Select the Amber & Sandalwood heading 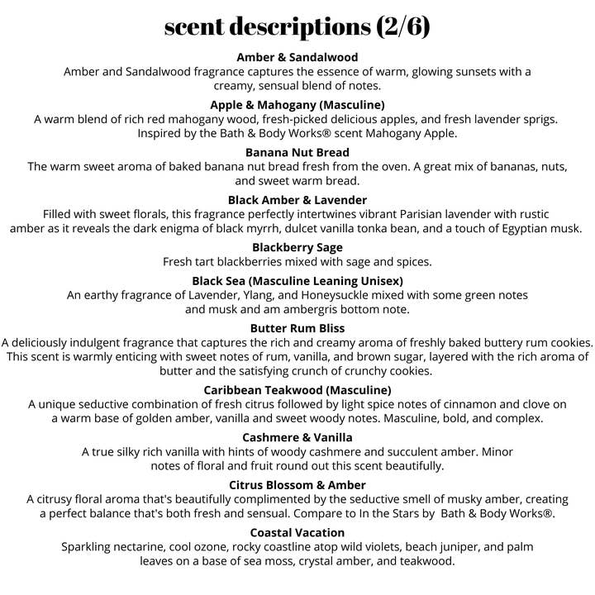(297, 57)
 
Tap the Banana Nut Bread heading (297, 152)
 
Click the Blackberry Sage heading (297, 247)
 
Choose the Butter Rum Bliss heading (297, 328)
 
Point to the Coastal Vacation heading (297, 532)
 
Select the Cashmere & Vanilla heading (297, 437)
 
